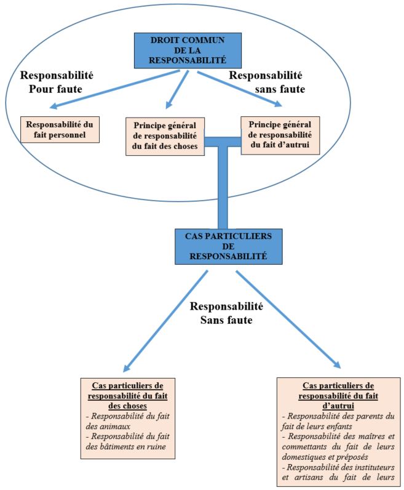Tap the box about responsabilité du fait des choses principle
pyautogui.click(x=165, y=135)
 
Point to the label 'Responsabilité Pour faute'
pyautogui.click(x=57, y=82)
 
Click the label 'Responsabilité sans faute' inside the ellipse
pyautogui.click(x=266, y=82)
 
